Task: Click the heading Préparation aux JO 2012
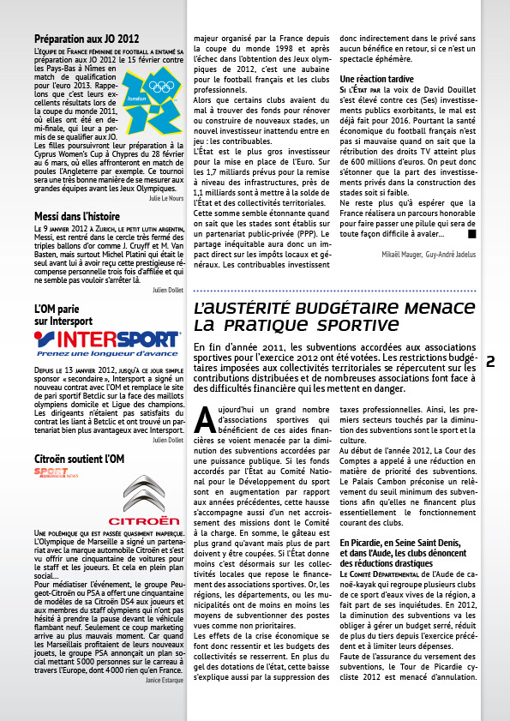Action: click(x=86, y=39)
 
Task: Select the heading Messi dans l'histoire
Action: click(x=76, y=218)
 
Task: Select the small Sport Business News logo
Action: click(x=53, y=473)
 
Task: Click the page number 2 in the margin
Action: click(x=491, y=361)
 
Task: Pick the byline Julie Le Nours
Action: click(x=166, y=198)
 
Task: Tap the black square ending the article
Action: click(x=471, y=233)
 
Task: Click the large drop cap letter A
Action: click(x=204, y=417)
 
